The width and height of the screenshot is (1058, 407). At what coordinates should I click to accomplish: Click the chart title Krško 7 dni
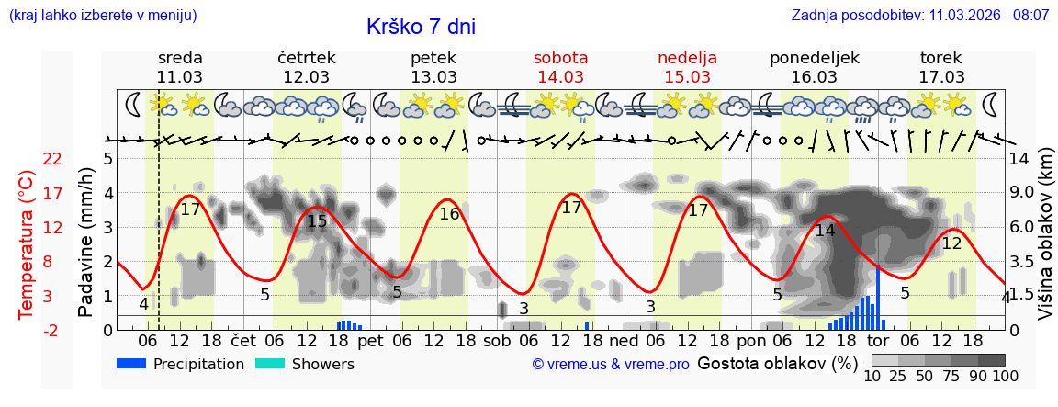tap(421, 27)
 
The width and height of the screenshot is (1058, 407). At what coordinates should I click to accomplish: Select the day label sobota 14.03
tap(561, 67)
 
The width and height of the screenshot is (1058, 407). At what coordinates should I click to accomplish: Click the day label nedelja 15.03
tap(687, 67)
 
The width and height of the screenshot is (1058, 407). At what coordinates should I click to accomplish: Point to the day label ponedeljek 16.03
tap(815, 67)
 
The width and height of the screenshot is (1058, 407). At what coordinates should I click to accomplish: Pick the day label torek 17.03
tap(941, 67)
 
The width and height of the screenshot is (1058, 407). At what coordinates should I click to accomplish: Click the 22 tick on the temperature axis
tap(52, 159)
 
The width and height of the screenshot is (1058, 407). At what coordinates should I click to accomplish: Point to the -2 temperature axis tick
tap(52, 330)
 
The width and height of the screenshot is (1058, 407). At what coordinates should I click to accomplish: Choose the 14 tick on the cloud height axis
tap(1019, 159)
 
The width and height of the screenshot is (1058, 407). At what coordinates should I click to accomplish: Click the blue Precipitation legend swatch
tap(131, 364)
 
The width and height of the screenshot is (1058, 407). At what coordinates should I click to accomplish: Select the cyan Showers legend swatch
tap(270, 364)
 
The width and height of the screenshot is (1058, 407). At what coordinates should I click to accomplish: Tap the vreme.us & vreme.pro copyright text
tap(611, 365)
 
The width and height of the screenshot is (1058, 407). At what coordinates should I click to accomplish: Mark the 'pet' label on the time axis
tap(370, 340)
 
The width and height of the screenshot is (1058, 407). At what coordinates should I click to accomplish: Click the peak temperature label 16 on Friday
tap(449, 214)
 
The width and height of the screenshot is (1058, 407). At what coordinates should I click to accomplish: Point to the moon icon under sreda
tap(134, 104)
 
